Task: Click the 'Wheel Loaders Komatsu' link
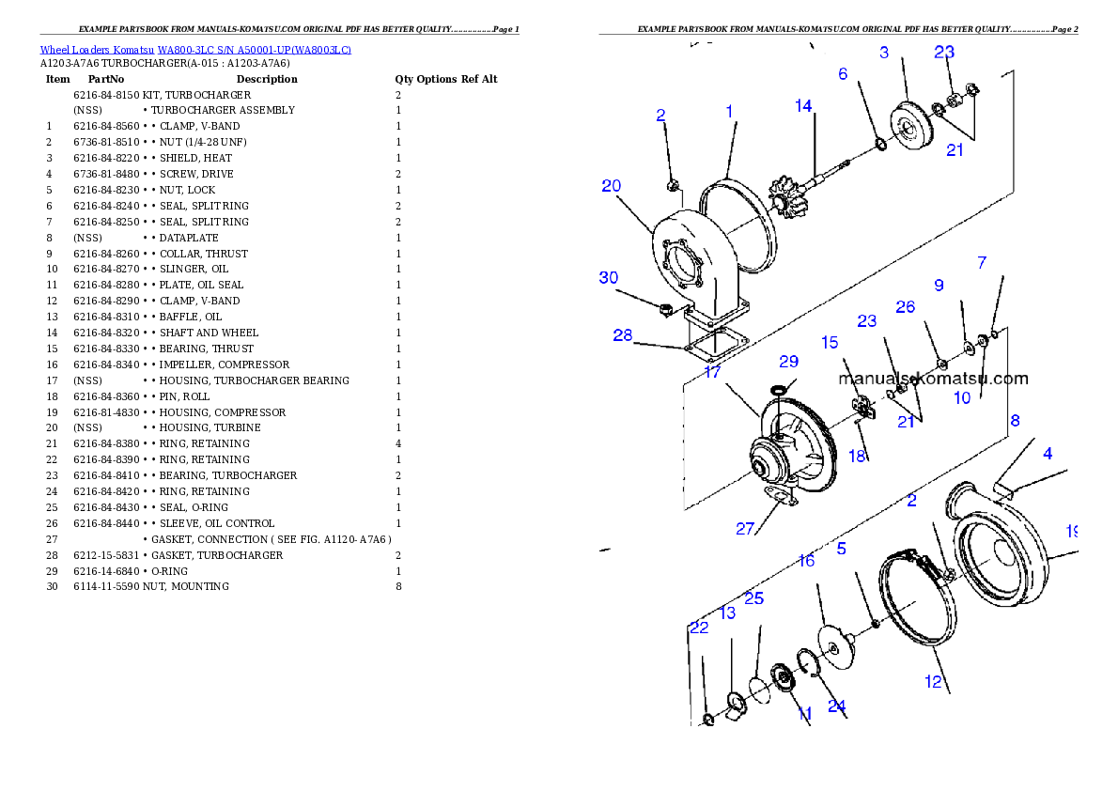(x=97, y=50)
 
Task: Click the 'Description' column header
(x=267, y=79)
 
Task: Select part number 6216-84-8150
(x=106, y=95)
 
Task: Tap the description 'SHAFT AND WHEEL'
(x=209, y=333)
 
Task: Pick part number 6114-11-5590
(x=106, y=587)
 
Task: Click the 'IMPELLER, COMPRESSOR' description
(x=225, y=364)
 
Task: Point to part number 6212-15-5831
(x=106, y=555)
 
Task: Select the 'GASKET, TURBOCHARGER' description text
(x=217, y=555)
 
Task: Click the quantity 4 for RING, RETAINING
(x=398, y=443)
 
